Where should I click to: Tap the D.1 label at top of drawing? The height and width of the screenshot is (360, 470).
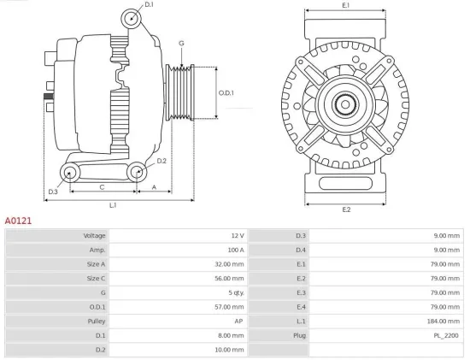[149, 5]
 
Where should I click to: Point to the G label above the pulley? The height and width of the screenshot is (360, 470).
[181, 43]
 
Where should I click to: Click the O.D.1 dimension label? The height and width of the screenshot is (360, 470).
[226, 92]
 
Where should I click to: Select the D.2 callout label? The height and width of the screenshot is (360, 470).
[162, 161]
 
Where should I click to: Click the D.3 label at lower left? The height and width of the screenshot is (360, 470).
[52, 192]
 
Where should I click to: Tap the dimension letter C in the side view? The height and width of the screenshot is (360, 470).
[103, 186]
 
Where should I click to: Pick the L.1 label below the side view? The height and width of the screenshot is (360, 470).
[113, 206]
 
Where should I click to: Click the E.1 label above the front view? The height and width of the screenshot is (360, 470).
[345, 6]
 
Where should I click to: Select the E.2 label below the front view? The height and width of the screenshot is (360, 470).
[346, 210]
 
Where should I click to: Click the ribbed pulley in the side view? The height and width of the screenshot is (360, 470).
[180, 91]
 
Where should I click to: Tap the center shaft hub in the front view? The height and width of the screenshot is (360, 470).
[346, 106]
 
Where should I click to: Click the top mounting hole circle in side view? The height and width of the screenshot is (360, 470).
[130, 18]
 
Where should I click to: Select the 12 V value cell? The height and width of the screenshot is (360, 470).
[237, 235]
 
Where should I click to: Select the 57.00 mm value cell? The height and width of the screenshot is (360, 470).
[229, 307]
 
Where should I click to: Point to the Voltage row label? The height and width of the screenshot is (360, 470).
[93, 235]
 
